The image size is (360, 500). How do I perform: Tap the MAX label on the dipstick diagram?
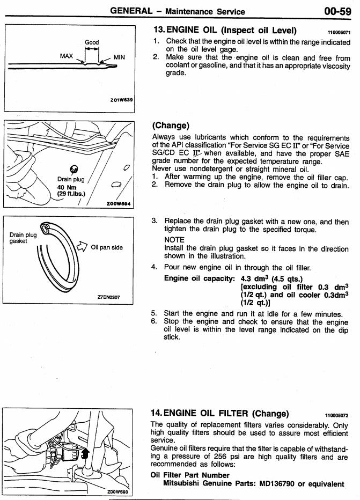point(67,55)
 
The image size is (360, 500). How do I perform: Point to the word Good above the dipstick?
point(92,42)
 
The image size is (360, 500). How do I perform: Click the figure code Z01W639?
point(122,100)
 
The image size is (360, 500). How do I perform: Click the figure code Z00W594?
point(120,204)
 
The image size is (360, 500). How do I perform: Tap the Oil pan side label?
point(107,247)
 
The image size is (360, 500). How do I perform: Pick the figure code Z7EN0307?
point(109,296)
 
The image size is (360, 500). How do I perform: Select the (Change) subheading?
point(171,126)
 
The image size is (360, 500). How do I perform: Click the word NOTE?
point(174,239)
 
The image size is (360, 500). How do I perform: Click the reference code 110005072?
point(337,415)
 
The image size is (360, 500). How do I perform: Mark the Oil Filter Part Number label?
point(190,475)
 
